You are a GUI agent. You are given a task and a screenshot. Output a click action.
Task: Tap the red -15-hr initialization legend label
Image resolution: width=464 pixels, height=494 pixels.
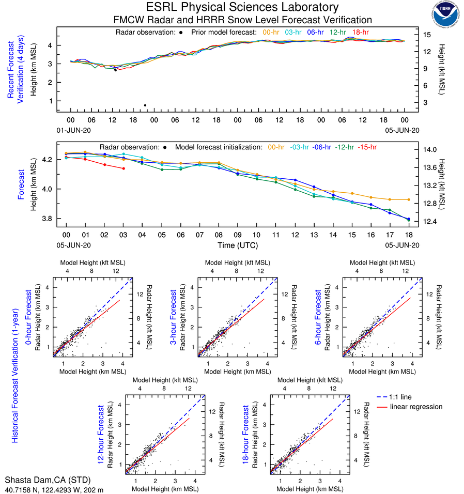coord(367,147)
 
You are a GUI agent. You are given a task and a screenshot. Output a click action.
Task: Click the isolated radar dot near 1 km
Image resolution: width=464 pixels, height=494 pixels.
coord(145,105)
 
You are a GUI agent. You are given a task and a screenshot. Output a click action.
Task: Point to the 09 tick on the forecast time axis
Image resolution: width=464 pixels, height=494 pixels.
coord(237,235)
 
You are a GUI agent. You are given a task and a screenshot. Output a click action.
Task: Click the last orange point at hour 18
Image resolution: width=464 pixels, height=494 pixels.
coord(408,199)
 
